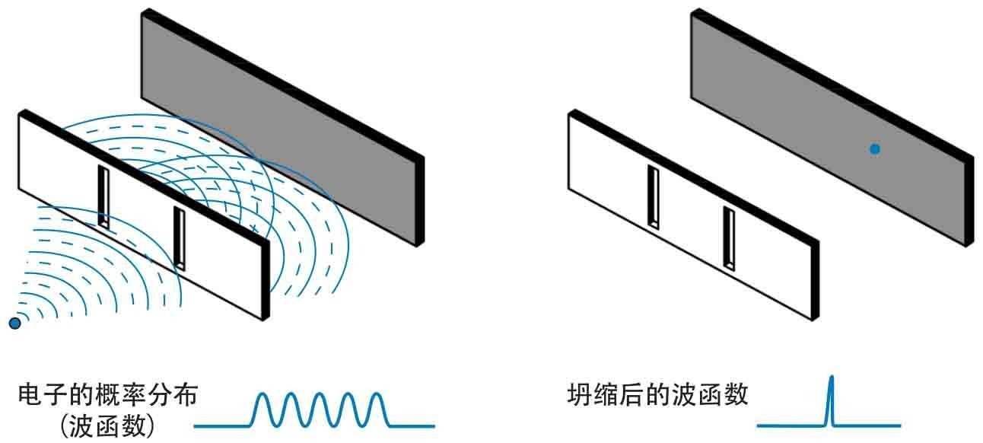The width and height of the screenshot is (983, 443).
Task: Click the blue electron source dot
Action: (14, 323)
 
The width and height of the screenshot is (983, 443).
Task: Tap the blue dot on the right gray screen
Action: (875, 149)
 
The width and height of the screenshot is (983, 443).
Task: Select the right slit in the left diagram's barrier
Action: (180, 237)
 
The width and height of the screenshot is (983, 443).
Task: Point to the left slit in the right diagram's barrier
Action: (652, 196)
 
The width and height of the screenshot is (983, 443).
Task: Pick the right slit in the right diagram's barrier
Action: (729, 239)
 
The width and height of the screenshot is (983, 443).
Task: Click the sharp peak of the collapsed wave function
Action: (831, 379)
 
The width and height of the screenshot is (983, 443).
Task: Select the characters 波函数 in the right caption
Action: (714, 396)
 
